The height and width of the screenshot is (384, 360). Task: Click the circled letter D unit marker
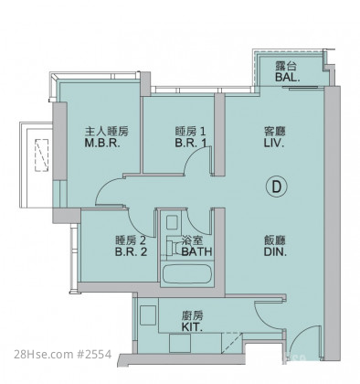pyautogui.click(x=276, y=187)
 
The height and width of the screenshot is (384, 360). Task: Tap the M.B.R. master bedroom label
pyautogui.click(x=102, y=143)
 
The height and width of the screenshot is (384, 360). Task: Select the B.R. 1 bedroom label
pyautogui.click(x=191, y=143)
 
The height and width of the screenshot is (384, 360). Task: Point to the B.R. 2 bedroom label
pyautogui.click(x=131, y=251)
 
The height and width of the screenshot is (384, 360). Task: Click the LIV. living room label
pyautogui.click(x=274, y=143)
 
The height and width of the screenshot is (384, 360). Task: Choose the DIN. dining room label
pyautogui.click(x=275, y=251)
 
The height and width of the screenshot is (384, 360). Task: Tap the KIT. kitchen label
pyautogui.click(x=192, y=327)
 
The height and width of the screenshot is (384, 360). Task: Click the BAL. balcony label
pyautogui.click(x=288, y=77)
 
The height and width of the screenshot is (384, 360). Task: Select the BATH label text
pyautogui.click(x=196, y=251)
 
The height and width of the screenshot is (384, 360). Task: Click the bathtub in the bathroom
pyautogui.click(x=186, y=273)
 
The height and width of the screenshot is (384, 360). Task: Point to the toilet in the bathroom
pyautogui.click(x=174, y=247)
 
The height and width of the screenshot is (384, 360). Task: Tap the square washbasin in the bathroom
pyautogui.click(x=172, y=222)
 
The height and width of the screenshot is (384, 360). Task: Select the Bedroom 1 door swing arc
pyautogui.click(x=195, y=157)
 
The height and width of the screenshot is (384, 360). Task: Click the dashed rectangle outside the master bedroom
pyautogui.click(x=41, y=155)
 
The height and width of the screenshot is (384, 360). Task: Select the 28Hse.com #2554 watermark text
pyautogui.click(x=63, y=355)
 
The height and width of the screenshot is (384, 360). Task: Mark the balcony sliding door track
pyautogui.click(x=302, y=88)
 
